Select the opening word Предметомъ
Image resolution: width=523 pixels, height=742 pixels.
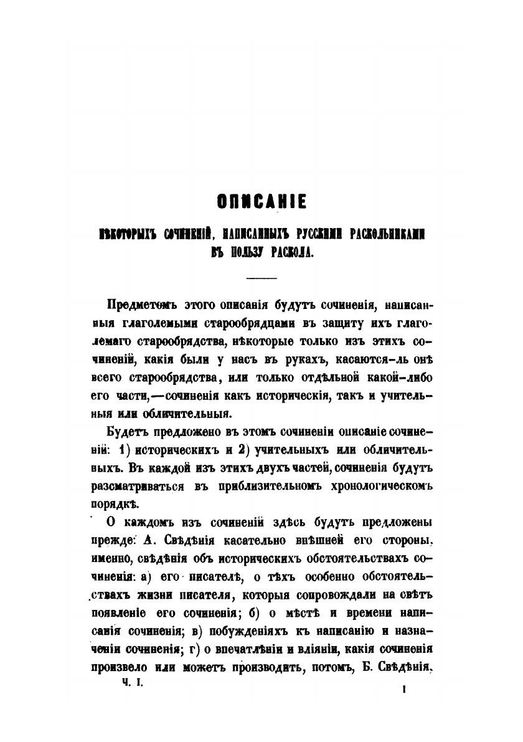click(143, 305)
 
